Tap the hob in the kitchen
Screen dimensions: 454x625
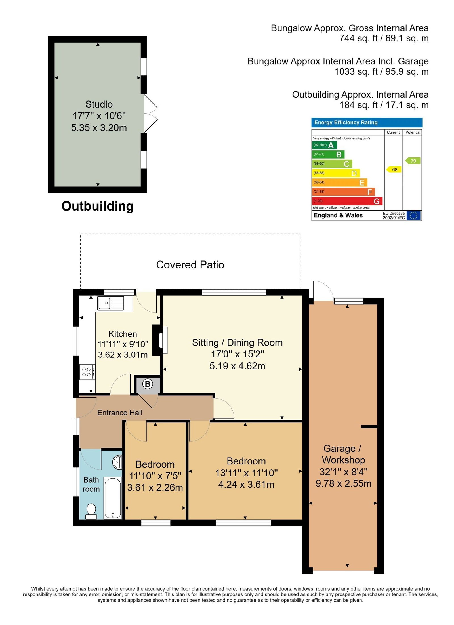click(87, 372)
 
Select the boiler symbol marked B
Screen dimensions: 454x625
click(147, 384)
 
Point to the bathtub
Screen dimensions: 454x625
click(113, 497)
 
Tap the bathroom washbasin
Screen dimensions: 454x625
click(117, 462)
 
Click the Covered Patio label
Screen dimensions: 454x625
click(190, 265)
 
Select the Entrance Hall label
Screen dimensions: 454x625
click(120, 413)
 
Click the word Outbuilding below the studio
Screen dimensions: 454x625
click(98, 206)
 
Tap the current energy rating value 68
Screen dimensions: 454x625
click(394, 169)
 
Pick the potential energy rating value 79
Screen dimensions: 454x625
click(413, 161)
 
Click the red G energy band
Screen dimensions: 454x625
click(347, 201)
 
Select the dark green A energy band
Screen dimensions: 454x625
click(324, 145)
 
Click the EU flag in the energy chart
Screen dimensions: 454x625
click(413, 215)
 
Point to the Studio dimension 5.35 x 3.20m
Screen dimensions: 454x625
click(99, 128)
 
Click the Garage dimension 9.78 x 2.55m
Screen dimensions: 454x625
click(343, 483)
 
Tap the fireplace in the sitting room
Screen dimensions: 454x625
click(160, 340)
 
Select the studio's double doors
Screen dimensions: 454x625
click(151, 113)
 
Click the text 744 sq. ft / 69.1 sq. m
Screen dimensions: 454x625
click(384, 38)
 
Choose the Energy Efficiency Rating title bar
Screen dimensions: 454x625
click(367, 123)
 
